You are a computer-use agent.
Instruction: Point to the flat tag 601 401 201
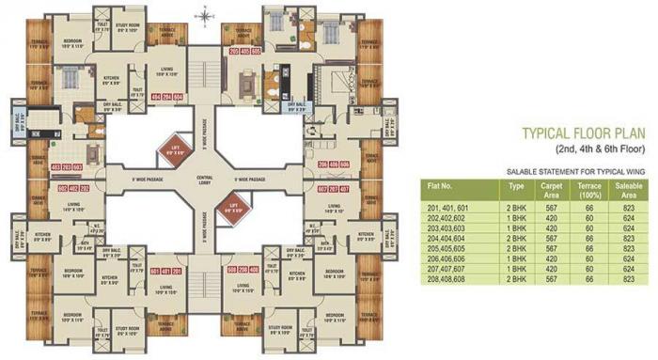tap(165, 271)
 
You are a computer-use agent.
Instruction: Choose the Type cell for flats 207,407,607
tap(514, 269)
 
